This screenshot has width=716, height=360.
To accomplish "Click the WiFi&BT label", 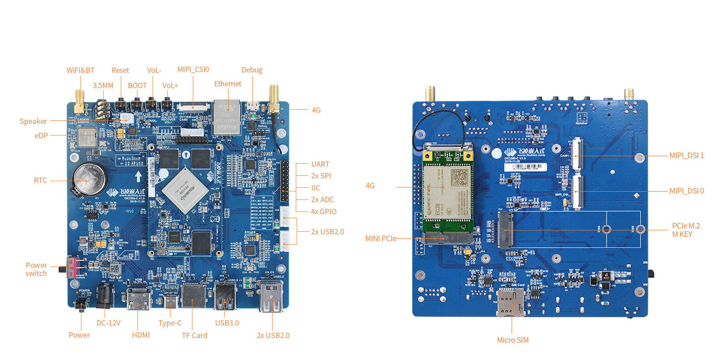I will pyautogui.click(x=81, y=70).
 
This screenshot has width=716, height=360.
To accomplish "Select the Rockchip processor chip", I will pyautogui.click(x=185, y=190).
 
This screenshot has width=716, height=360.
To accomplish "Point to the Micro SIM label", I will pyautogui.click(x=512, y=340).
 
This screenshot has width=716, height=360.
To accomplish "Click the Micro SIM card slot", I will pyautogui.click(x=511, y=302).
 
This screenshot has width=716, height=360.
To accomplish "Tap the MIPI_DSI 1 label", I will pyautogui.click(x=686, y=155).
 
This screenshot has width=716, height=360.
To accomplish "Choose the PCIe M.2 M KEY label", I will pyautogui.click(x=686, y=230).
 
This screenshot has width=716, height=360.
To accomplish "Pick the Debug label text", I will pyautogui.click(x=252, y=70).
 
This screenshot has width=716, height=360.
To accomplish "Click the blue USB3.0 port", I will pyautogui.click(x=226, y=296).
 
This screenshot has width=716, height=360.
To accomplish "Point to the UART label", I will pyautogui.click(x=320, y=164).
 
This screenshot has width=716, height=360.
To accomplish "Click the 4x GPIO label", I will pyautogui.click(x=324, y=212).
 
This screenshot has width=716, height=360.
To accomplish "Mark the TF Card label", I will pyautogui.click(x=194, y=335).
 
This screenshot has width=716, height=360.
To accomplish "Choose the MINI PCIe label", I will pyautogui.click(x=381, y=238).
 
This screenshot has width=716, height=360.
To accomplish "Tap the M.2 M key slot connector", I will pyautogui.click(x=506, y=229).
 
